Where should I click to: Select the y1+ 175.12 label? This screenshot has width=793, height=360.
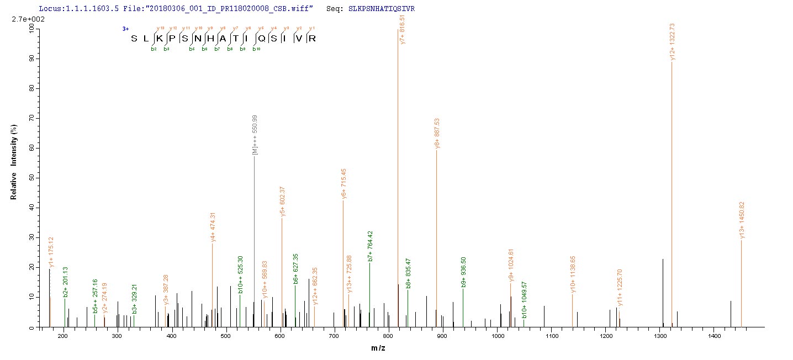pos(51,252)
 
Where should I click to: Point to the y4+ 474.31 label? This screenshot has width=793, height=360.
pos(213,226)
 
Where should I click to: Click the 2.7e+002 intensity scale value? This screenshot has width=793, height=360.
pos(16,19)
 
